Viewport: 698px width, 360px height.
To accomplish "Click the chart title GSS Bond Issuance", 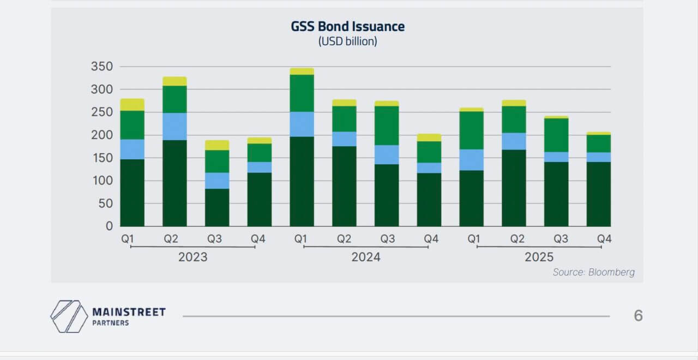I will coord(347,26).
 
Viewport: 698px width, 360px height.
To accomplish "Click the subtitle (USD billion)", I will coord(347,41).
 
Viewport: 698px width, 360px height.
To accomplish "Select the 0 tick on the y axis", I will coord(109,226).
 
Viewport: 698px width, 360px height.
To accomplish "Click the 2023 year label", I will coord(192,257).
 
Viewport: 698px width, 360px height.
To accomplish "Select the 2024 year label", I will coord(365,257).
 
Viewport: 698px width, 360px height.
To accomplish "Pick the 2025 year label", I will coord(539,257).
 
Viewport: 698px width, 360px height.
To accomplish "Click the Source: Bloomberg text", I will coord(593,272).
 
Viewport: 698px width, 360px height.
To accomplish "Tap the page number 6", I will coord(638,316).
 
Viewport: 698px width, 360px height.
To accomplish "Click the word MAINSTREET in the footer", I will coord(129,313).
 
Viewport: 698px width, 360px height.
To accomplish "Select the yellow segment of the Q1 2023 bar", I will coord(133,105).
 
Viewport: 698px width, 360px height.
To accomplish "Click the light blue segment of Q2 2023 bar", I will coord(174,127).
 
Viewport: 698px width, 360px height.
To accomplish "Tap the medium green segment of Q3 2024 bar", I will coord(387,125).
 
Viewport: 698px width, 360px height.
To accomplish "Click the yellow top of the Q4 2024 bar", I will coord(429,137).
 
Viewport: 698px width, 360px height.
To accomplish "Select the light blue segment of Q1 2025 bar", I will coord(471,160).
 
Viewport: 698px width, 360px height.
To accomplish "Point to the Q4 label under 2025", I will coord(604,239).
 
